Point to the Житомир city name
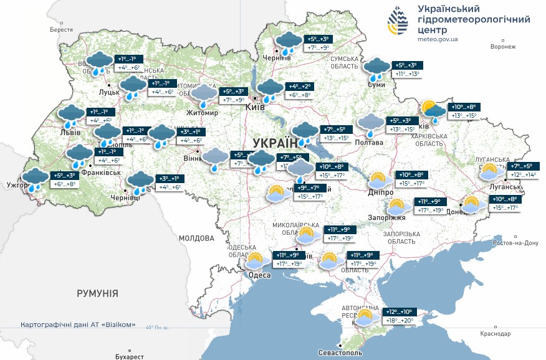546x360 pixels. coord(202,113)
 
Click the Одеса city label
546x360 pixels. coord(259,275)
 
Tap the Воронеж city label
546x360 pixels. coord(503,47)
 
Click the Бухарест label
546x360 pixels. coord(130,356)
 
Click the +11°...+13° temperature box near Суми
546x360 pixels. coord(408,73)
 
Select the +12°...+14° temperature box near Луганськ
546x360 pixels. coord(522,175)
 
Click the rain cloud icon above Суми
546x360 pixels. coord(376,69)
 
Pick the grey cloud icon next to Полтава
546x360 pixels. coord(370,124)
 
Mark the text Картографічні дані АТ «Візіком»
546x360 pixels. coord(77,324)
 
